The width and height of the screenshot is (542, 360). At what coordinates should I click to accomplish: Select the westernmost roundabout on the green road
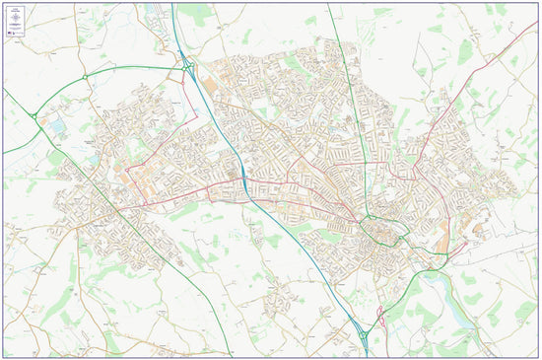tap(34, 115)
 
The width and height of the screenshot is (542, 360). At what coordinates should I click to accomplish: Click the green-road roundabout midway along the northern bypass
tap(86, 75)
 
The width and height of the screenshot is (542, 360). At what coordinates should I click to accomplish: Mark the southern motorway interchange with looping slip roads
tap(363, 335)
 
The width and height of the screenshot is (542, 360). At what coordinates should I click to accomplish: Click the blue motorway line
tap(286, 227)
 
